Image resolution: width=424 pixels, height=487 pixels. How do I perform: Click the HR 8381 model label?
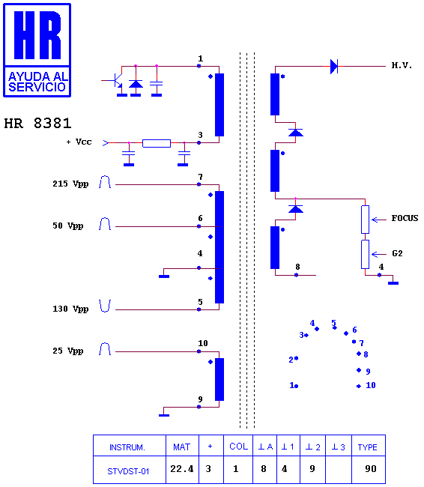37,124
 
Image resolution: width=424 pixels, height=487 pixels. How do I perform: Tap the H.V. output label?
402,65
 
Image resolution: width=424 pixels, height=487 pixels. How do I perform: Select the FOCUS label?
405,218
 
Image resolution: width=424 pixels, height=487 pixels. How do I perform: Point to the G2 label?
397,253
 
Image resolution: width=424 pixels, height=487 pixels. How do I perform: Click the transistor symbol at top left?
116,80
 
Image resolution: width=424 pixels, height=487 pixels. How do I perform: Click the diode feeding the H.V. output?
334,66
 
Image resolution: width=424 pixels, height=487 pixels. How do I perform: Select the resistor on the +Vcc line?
157,143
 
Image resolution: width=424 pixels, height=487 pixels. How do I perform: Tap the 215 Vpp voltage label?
70,184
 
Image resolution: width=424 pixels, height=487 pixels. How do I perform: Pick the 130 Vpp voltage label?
70,309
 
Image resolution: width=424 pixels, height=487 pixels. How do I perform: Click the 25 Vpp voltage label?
68,351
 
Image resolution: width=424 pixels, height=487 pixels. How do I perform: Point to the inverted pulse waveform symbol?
105,306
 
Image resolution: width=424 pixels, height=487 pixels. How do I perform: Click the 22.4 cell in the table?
182,468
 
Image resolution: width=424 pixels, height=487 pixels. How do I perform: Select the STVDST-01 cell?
128,471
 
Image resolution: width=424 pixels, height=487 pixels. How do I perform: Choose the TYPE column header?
368,447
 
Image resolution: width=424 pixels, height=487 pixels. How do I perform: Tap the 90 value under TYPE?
371,468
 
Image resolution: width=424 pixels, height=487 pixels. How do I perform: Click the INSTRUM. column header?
127,447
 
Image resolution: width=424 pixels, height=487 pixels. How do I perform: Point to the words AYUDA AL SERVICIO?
37,82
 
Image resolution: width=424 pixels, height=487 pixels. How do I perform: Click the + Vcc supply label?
79,142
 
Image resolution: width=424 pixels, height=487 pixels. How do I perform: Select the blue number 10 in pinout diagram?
371,385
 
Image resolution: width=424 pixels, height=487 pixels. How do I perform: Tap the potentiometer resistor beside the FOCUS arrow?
366,220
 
